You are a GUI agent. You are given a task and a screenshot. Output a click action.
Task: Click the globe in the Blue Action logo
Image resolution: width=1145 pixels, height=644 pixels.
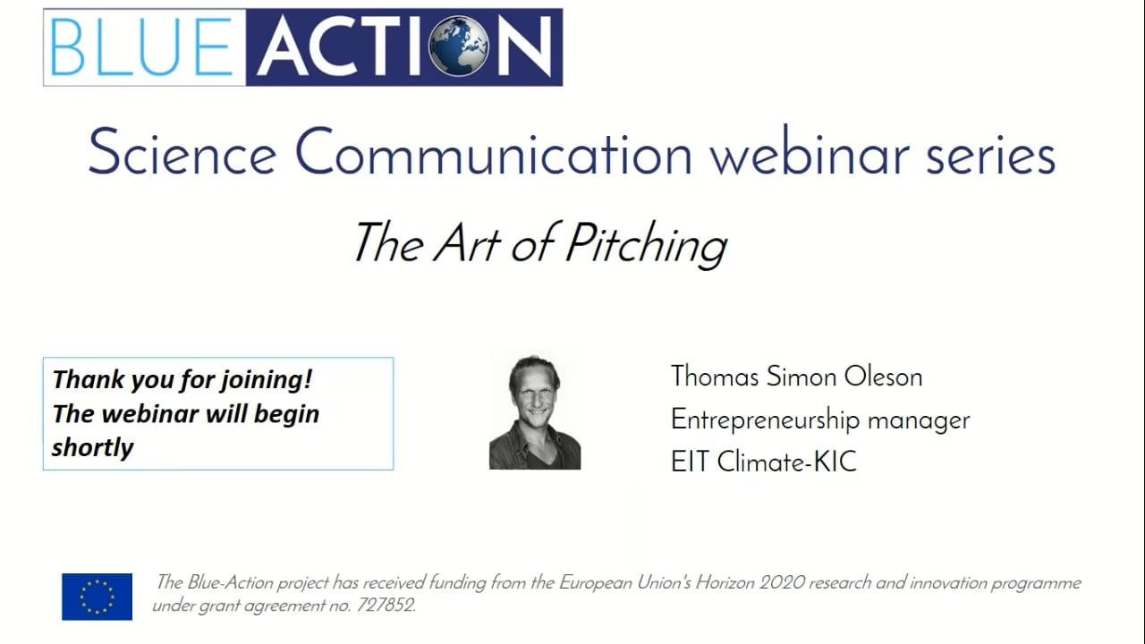click(x=459, y=47)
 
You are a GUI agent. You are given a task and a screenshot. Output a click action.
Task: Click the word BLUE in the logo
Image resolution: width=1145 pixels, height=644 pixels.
click(x=141, y=47)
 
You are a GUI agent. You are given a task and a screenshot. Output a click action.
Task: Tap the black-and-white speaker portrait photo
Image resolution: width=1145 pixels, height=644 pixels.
click(x=535, y=411)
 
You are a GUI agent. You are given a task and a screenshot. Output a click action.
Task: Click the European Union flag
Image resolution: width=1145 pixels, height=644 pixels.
click(x=97, y=597)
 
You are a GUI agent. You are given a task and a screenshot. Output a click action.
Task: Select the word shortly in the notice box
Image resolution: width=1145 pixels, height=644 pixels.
click(x=92, y=447)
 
